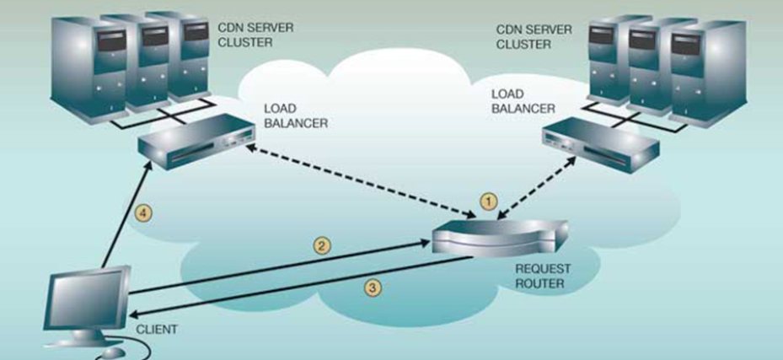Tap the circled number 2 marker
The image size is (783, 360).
(x=320, y=246)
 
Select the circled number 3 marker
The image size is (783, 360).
(x=373, y=287)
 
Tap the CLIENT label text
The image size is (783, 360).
(x=158, y=329)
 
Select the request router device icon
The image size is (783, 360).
(x=498, y=235)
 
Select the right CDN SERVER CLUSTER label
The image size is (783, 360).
(x=534, y=35)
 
